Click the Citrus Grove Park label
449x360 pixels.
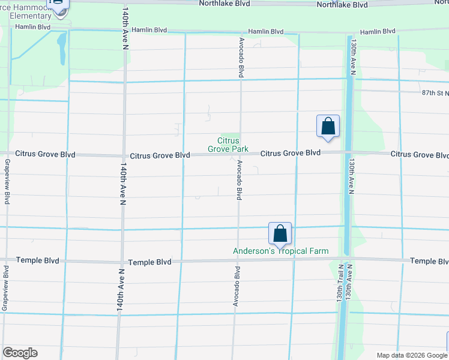tap(223, 145)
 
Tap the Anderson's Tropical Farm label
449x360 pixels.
tap(280, 251)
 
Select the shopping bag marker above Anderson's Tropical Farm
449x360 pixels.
tap(280, 233)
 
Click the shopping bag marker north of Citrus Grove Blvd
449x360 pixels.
tap(328, 126)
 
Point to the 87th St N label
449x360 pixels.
tap(435, 93)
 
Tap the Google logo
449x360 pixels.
tap(20, 353)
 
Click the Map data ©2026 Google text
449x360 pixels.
tap(411, 355)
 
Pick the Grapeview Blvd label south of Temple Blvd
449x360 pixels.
tap(5, 293)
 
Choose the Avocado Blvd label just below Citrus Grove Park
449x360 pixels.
tap(239, 179)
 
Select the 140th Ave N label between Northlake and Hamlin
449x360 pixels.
tap(126, 22)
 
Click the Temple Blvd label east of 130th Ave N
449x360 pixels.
tap(429, 262)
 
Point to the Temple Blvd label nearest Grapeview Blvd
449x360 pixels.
tap(37, 260)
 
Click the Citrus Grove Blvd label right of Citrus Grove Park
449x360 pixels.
tap(290, 153)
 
